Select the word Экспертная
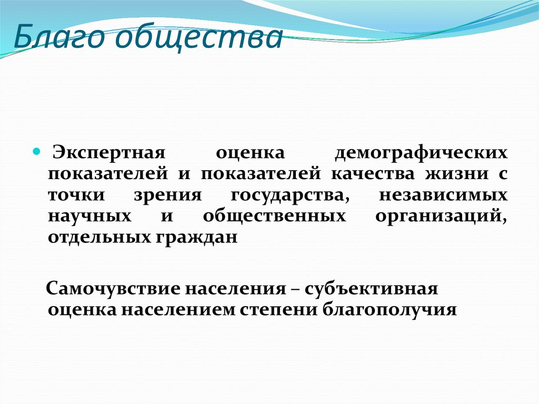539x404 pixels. coord(109,153)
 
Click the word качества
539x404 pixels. coord(373,174)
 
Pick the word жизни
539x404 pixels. coord(457,174)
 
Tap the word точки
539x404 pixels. coord(76,195)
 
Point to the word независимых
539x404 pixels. coord(443,195)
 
